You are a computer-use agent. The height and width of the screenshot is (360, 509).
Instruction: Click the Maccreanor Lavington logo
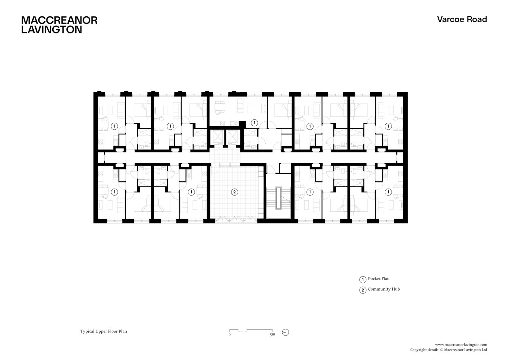(59, 25)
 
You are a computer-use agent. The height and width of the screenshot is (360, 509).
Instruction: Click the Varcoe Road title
(462, 19)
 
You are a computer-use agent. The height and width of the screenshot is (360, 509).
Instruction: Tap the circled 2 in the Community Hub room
(234, 192)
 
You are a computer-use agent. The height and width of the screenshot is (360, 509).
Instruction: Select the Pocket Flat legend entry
(378, 279)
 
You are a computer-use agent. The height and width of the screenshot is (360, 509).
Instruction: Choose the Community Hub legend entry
(383, 289)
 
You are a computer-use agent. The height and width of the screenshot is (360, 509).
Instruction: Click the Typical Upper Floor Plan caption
(103, 331)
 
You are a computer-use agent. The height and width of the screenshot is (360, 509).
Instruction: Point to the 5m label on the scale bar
(272, 334)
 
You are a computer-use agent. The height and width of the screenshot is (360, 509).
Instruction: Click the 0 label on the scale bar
(230, 334)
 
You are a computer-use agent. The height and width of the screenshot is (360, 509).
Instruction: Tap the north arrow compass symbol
(285, 332)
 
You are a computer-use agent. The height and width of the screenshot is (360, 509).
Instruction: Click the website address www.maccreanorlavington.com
(461, 345)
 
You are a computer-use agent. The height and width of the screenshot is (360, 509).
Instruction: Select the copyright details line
(448, 350)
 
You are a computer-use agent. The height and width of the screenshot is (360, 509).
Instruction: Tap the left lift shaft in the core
(217, 137)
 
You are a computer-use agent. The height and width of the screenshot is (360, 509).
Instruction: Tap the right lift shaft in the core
(233, 137)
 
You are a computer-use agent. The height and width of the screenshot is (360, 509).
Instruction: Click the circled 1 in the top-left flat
(114, 126)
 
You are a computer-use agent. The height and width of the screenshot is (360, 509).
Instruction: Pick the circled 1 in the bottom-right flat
(388, 192)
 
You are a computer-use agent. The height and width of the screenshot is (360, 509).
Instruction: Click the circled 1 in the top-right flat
(388, 126)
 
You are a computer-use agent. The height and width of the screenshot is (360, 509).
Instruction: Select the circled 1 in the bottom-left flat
(114, 192)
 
